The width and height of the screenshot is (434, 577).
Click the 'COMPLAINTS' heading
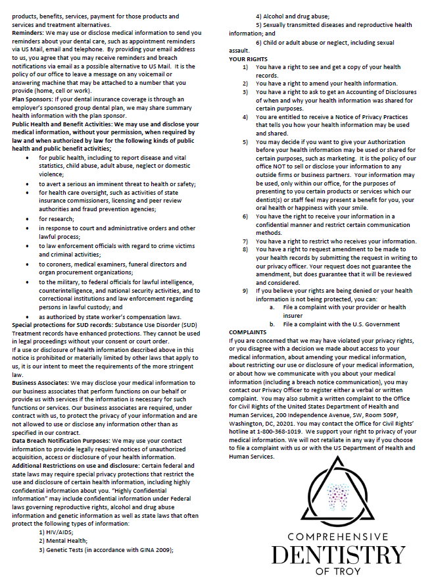pos(249,332)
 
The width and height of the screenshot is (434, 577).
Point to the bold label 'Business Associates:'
pos(40,382)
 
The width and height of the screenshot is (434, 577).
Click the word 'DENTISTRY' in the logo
pos(338,555)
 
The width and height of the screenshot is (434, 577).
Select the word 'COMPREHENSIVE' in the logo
pos(338,538)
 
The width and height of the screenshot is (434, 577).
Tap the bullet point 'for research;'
pos(57,218)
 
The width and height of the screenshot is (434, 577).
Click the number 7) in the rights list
pos(245,241)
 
